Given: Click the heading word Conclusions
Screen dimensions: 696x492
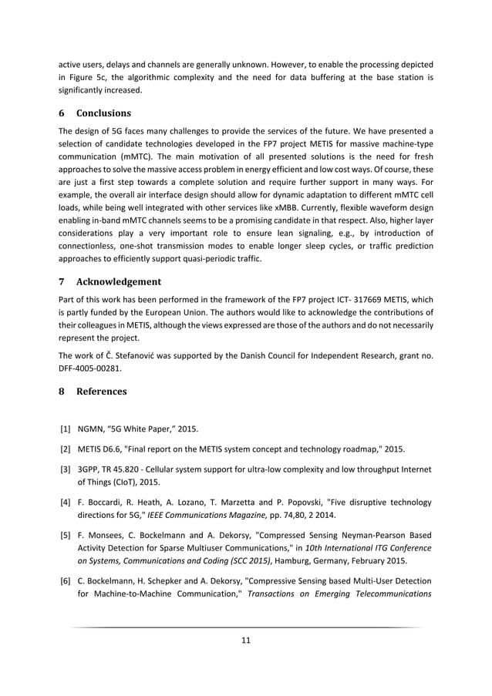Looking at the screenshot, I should point(102,113).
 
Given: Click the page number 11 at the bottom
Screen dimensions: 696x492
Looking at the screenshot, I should point(246,639).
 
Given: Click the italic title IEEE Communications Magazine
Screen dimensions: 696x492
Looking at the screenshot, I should point(222,516).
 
